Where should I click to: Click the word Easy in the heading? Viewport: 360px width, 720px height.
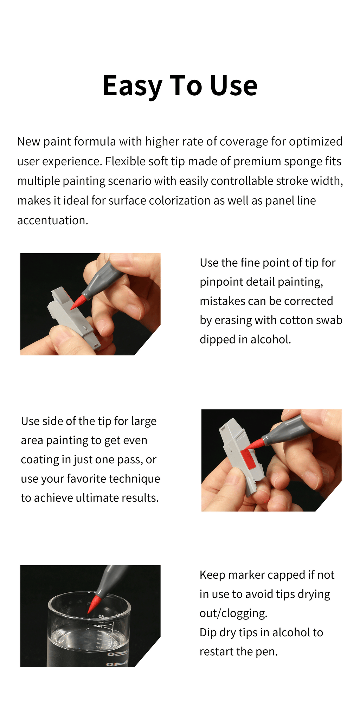click(x=132, y=86)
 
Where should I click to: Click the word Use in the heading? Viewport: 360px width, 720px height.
click(x=234, y=86)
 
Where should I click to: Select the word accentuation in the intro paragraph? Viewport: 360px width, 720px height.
click(x=52, y=220)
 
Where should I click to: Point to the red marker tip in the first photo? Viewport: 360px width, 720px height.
click(x=78, y=303)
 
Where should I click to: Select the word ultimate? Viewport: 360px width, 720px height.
click(x=97, y=498)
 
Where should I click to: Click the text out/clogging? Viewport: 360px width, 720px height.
click(x=233, y=613)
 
